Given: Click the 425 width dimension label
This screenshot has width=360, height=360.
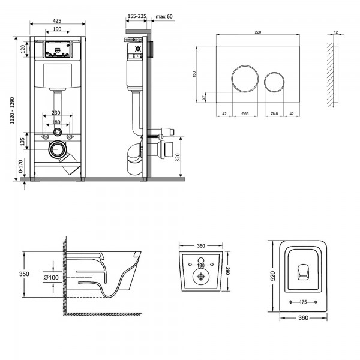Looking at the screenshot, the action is click(57, 20).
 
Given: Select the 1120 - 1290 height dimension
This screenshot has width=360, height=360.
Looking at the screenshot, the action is click(12, 110).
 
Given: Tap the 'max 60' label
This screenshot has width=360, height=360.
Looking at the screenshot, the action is click(164, 17).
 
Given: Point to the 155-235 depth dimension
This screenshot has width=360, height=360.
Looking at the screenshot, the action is click(137, 16).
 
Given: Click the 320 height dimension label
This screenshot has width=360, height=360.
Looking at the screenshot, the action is click(178, 157).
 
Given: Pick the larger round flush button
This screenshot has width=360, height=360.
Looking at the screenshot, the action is click(245, 78).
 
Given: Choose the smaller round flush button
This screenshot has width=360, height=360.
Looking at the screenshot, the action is click(274, 82).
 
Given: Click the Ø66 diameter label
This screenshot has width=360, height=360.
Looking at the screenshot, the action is click(245, 113).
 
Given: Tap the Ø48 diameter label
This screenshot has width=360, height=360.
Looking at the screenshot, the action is click(274, 113).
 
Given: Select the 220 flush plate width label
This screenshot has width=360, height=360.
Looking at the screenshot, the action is click(258, 32).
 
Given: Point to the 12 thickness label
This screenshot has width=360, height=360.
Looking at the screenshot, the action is click(336, 32).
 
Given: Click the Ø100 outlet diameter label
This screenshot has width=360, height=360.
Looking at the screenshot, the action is click(51, 277).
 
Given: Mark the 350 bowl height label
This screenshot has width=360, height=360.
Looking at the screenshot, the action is click(24, 274).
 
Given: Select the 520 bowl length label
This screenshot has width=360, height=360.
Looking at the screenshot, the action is click(273, 276).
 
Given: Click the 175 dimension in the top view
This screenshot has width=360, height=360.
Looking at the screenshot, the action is click(303, 302).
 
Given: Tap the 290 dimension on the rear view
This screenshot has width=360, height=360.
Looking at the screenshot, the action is click(228, 271).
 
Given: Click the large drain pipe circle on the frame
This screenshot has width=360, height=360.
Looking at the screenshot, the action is click(56, 149).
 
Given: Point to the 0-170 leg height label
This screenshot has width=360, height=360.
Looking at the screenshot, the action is click(20, 166).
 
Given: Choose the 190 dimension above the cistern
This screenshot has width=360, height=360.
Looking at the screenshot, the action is click(57, 29).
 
